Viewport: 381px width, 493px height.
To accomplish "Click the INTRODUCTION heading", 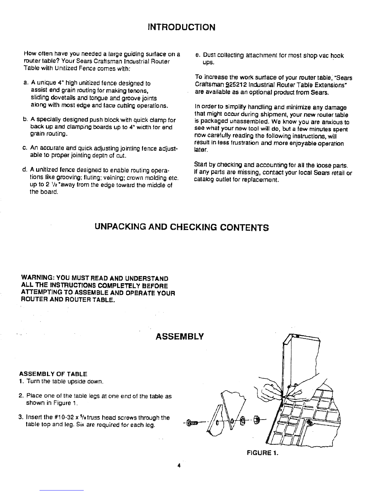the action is click(181, 27).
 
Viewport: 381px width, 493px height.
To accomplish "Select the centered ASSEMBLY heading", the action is click(180, 336).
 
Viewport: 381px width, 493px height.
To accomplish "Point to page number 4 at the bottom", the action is click(179, 466).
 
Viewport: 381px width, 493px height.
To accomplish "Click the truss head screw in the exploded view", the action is click(192, 422).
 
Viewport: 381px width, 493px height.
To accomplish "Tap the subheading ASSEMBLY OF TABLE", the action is click(53, 374).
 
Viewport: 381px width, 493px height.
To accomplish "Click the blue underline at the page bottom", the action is click(63, 490).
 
